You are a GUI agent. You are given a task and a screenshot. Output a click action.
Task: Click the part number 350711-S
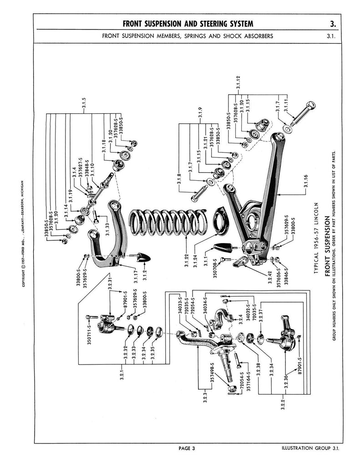[x=90, y=335]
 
